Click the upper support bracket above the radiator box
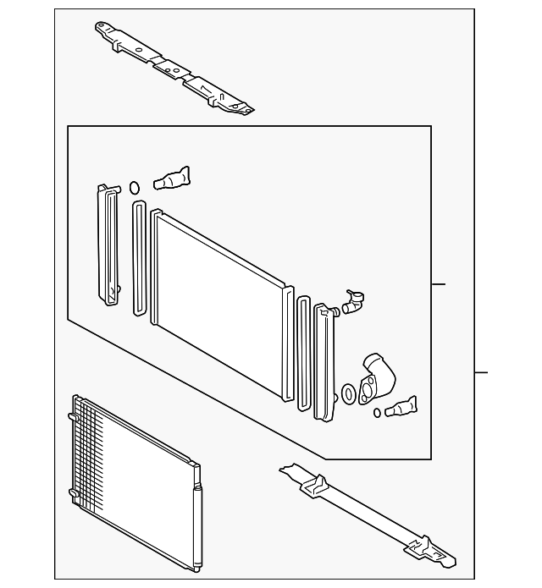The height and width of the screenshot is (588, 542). (x=174, y=68)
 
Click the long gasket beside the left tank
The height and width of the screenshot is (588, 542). (x=139, y=258)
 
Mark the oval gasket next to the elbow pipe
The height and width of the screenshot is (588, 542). (x=349, y=393)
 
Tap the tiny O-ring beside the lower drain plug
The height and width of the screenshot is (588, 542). (x=378, y=414)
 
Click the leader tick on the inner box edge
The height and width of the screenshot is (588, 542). (x=438, y=284)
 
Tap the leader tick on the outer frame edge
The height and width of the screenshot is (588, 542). (x=482, y=371)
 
